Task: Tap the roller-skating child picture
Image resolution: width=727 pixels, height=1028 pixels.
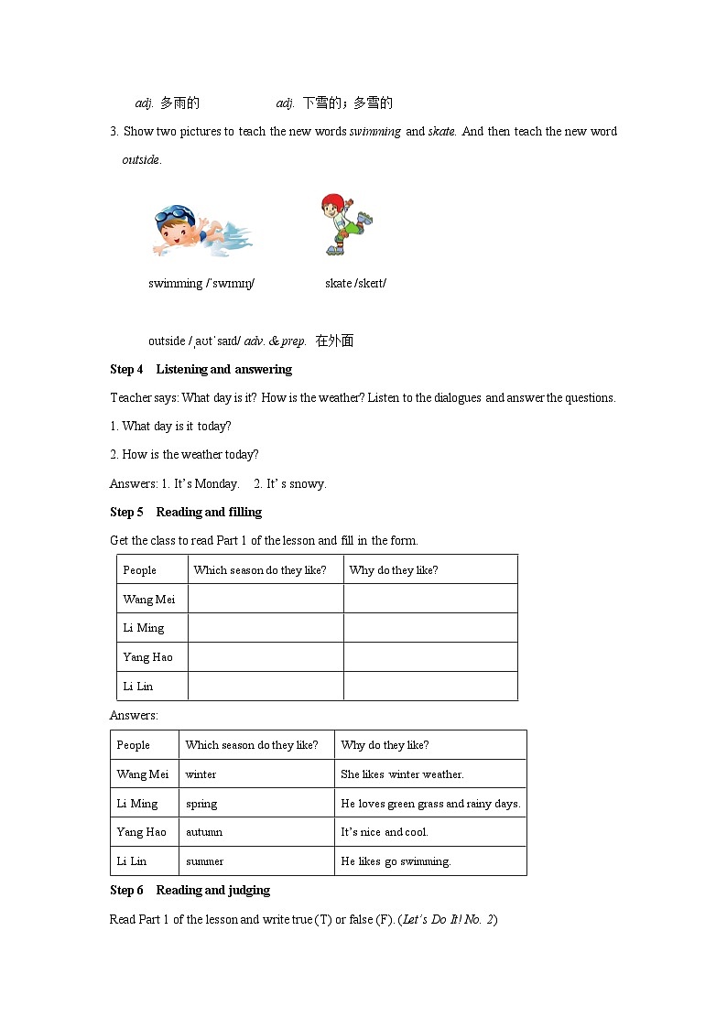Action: coord(345,223)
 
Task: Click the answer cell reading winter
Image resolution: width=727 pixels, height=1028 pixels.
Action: coord(201,774)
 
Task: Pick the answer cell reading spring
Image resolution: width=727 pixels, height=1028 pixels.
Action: coord(201,804)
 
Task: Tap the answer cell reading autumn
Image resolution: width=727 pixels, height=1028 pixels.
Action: coord(204,833)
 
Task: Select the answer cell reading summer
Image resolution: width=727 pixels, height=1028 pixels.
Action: coord(205,862)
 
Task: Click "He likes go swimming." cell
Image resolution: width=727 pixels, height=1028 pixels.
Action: coord(396,862)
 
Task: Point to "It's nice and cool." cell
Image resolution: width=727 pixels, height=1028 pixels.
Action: coord(385,833)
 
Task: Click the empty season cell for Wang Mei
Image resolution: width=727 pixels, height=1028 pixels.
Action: coord(266,599)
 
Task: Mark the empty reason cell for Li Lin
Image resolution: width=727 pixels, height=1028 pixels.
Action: coord(430,687)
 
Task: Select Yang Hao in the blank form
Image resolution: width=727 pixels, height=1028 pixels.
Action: coord(148,657)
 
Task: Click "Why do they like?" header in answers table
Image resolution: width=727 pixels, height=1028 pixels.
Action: coord(385,745)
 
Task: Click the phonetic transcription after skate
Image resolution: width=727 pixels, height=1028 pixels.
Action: coord(371,284)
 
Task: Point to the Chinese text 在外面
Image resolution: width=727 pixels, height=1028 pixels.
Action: coord(334,341)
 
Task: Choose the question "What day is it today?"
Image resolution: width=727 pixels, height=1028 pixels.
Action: coord(176,427)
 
